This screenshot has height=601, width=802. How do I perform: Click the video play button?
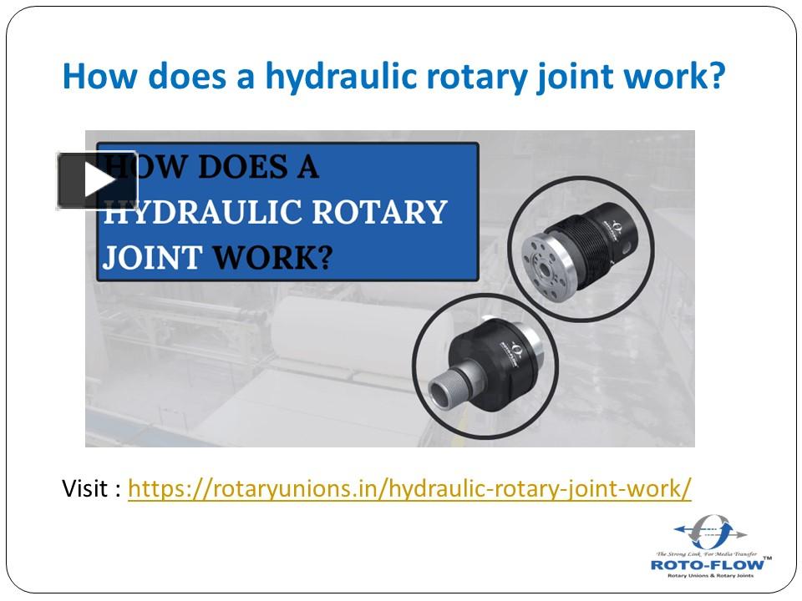point(97,180)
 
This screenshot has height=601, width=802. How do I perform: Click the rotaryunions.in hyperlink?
point(409,487)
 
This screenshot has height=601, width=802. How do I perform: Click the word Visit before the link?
point(84,487)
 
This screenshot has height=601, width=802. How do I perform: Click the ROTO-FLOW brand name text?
point(709,564)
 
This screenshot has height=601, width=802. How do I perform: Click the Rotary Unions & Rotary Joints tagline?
point(709,576)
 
